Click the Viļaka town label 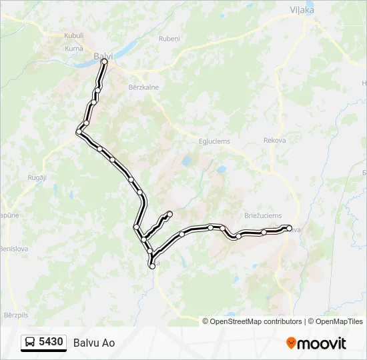(302, 10)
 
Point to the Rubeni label (169, 39)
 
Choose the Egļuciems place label (214, 141)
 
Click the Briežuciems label (263, 216)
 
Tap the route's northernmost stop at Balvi (104, 62)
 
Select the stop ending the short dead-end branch (169, 214)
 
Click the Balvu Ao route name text (94, 343)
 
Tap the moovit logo (316, 343)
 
